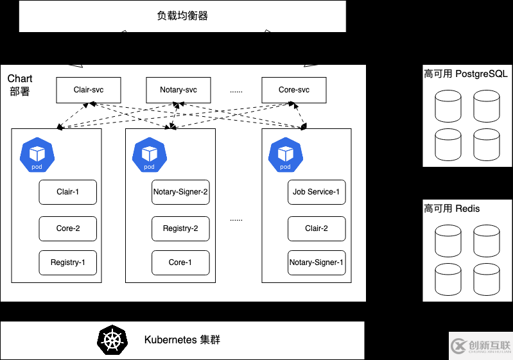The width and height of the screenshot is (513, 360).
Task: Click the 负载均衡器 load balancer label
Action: (x=182, y=16)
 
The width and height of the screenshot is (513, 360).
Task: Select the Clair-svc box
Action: (x=89, y=90)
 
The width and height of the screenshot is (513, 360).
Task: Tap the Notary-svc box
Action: (x=178, y=90)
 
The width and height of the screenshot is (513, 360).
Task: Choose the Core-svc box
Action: (x=294, y=90)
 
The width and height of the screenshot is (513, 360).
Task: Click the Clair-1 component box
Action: (x=67, y=192)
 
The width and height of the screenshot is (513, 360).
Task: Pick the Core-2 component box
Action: (x=67, y=228)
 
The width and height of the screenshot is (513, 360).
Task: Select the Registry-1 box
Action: (x=67, y=262)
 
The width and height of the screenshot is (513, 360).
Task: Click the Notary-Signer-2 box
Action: (x=180, y=192)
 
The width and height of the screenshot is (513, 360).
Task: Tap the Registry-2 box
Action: (x=180, y=228)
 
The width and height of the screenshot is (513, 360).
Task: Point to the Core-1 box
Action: (x=180, y=262)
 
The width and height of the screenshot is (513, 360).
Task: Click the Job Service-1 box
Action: (x=317, y=192)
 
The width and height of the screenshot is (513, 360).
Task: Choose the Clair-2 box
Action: (x=317, y=228)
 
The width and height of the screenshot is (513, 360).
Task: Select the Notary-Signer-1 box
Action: (x=317, y=262)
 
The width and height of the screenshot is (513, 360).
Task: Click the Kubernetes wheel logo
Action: (x=113, y=340)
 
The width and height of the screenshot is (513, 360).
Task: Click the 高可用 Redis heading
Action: (x=452, y=209)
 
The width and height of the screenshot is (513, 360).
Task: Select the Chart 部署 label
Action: (x=20, y=85)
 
